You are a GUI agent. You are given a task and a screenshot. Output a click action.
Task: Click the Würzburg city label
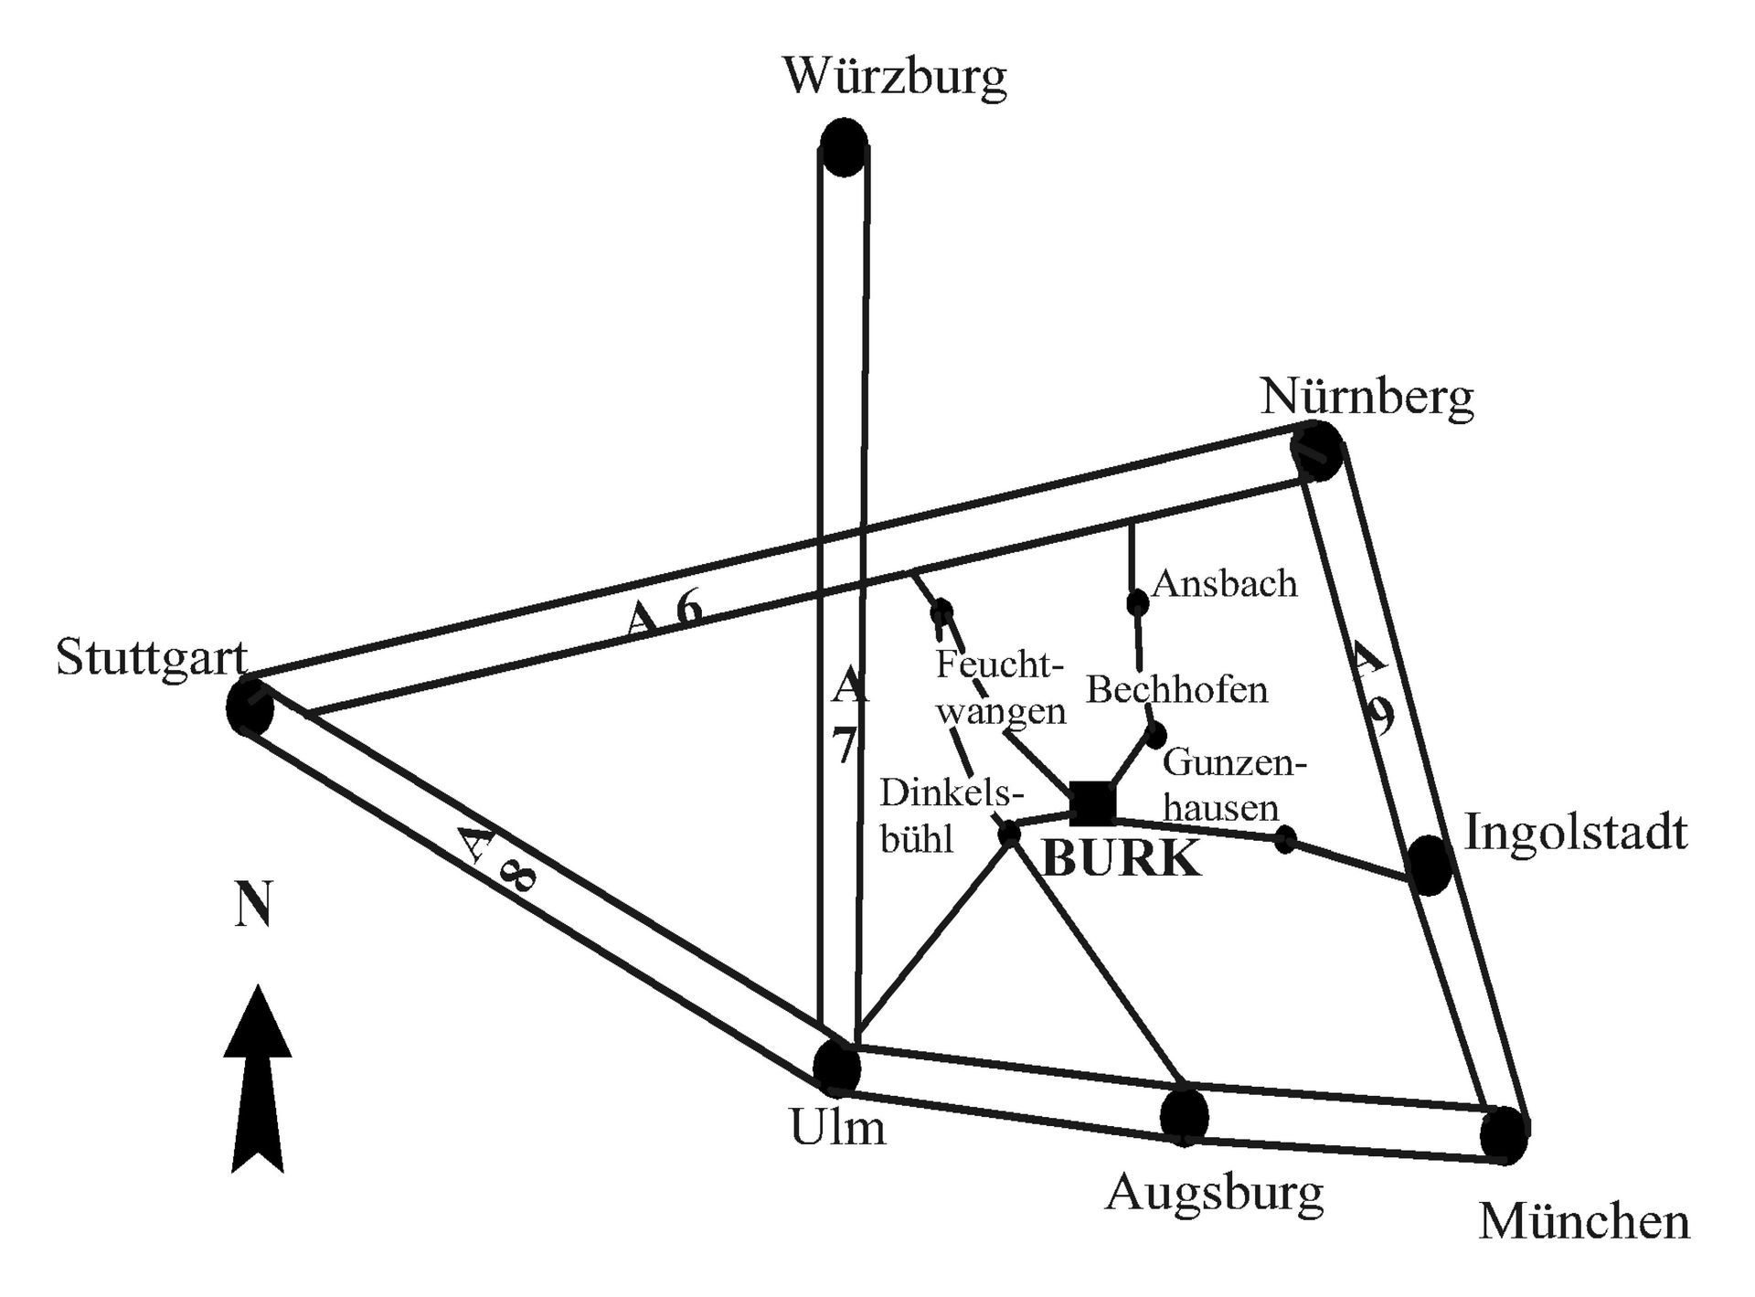[x=895, y=77]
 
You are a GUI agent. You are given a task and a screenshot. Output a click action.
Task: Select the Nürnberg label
[x=1367, y=398]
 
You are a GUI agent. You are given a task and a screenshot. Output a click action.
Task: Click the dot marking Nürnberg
[x=1317, y=451]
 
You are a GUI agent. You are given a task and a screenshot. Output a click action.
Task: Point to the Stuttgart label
[x=152, y=657]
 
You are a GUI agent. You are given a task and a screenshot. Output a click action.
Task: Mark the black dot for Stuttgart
[x=250, y=707]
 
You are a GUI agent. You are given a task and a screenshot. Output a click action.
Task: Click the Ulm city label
[x=837, y=1128]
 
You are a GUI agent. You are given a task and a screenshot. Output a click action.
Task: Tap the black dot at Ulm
[x=836, y=1066]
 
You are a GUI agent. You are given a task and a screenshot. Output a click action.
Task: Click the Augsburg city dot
[x=1184, y=1115]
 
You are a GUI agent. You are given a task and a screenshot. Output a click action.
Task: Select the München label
[x=1584, y=1222]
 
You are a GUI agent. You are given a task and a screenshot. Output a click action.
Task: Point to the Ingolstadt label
[x=1576, y=833]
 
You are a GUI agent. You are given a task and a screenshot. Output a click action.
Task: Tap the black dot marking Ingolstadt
[x=1430, y=864]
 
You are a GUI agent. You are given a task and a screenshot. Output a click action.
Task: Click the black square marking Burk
[x=1093, y=803]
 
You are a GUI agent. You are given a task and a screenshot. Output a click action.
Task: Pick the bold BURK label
[x=1122, y=859]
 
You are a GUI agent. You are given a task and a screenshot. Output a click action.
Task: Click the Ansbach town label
[x=1224, y=583]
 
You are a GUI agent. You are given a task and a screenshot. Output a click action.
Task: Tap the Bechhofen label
[x=1176, y=689]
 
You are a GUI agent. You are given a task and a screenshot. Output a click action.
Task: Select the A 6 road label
[x=665, y=612]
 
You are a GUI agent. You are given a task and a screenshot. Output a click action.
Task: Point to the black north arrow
[x=258, y=1079]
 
